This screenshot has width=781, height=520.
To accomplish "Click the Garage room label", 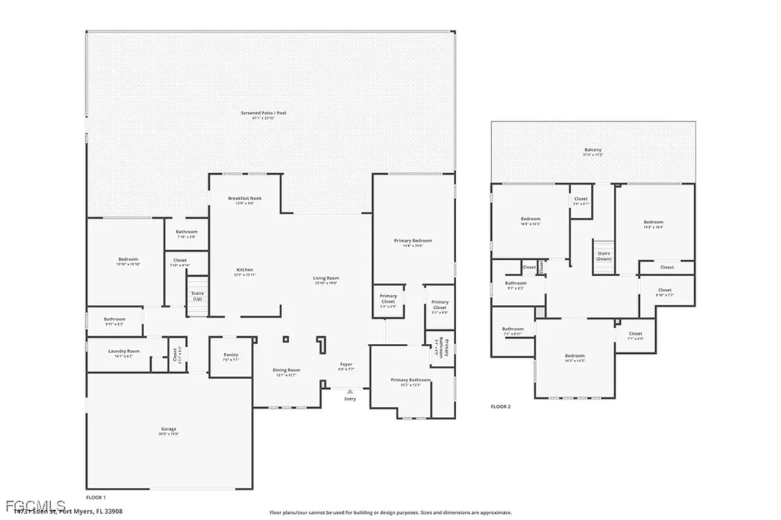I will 169,430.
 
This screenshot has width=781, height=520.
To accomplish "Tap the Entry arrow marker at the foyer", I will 350,392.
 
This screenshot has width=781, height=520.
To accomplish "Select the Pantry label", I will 231,356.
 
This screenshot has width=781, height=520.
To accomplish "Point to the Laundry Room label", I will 124,352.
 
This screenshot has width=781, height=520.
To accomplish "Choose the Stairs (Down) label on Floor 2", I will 604,255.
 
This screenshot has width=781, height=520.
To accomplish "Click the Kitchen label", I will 245,271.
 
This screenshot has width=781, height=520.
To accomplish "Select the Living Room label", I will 326,280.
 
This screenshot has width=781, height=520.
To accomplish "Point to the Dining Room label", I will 287,372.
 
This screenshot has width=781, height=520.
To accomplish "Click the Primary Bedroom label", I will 408,242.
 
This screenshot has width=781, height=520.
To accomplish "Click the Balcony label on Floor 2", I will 593,151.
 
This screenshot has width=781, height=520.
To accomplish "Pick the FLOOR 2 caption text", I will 501,406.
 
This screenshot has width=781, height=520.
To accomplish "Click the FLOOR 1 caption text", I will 96,496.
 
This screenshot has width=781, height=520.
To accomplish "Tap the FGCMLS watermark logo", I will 34,506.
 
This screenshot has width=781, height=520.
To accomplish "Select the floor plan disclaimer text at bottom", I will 390,513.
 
